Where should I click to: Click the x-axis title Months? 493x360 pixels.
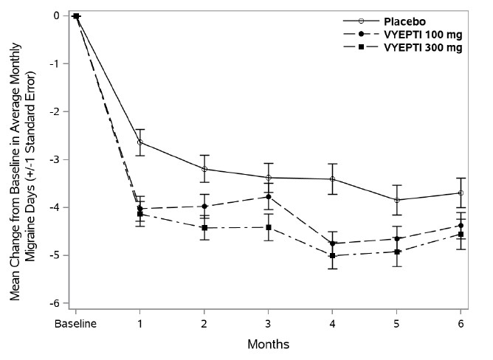click(x=269, y=344)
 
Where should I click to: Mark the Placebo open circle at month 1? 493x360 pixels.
click(x=140, y=142)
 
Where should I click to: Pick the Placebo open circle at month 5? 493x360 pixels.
click(x=397, y=200)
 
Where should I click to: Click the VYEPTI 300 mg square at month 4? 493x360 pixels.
click(x=333, y=255)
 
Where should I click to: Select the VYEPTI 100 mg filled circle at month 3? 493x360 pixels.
click(x=269, y=197)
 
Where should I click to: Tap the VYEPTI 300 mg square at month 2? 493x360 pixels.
click(x=204, y=228)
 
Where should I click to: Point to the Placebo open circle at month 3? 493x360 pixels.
click(x=269, y=177)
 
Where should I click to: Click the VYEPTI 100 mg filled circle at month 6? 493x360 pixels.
click(x=461, y=226)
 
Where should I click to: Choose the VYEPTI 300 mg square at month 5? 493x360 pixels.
click(x=397, y=252)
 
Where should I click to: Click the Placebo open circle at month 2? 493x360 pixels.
click(x=204, y=169)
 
